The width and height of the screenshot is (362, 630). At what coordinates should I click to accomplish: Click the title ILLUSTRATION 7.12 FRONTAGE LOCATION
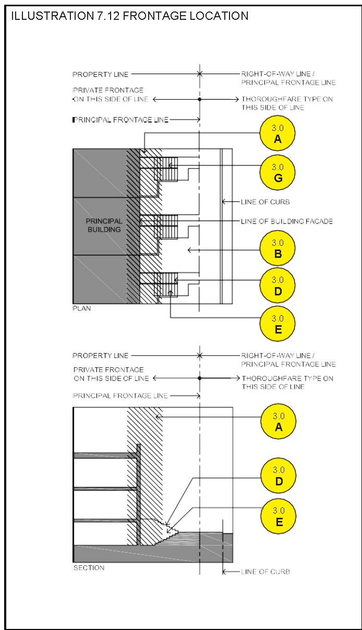129,16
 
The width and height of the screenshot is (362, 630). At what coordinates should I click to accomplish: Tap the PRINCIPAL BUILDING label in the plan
104,225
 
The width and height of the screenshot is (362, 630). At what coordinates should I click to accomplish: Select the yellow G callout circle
277,172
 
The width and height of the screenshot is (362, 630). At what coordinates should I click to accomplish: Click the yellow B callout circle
277,248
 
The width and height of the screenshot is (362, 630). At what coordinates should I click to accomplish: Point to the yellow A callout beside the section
279,421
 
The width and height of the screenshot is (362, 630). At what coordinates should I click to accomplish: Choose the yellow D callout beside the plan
277,285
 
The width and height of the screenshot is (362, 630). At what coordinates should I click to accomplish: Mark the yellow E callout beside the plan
277,324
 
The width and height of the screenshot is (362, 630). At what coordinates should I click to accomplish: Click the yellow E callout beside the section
279,516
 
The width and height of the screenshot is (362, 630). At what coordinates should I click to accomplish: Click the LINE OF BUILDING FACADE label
286,221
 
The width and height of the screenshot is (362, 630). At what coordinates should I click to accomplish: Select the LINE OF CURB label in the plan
265,201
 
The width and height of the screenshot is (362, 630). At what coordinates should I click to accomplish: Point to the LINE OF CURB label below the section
265,572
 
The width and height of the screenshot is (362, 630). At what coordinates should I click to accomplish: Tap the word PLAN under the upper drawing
81,308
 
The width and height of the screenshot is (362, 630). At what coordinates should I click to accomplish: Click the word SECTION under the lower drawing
89,567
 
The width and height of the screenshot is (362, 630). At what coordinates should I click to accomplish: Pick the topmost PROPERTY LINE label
100,75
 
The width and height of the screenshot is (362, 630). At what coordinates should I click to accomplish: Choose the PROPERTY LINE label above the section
100,355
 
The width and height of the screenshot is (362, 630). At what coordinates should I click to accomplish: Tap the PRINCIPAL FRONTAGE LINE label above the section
120,396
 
